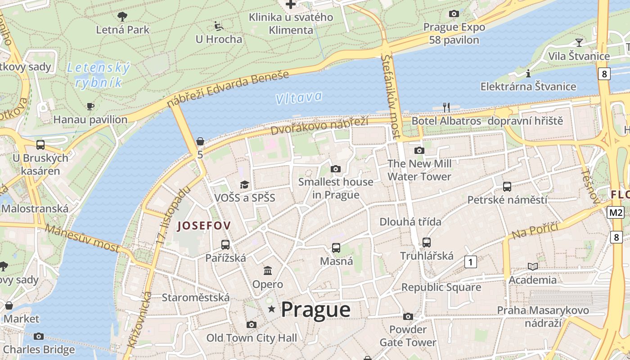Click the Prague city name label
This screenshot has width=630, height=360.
point(315,310)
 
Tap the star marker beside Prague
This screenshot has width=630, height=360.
point(271,309)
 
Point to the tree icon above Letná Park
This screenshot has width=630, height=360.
point(122,17)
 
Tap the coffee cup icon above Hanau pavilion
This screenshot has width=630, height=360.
point(90,107)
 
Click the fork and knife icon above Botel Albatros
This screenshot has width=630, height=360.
point(446,107)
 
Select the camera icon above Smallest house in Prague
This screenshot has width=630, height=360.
point(335,169)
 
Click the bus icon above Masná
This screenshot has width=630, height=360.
point(336,248)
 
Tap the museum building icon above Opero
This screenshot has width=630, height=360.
point(268,271)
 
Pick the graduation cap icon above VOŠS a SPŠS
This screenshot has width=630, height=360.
point(244,184)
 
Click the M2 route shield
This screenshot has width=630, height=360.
point(615,212)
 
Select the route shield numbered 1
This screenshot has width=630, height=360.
point(470,261)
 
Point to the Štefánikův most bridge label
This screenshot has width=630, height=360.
point(391,96)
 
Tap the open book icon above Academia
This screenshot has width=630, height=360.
point(533,267)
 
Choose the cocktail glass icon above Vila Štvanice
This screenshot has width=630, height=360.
point(579,43)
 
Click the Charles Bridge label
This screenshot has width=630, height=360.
point(39,349)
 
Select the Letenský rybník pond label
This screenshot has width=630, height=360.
point(98,75)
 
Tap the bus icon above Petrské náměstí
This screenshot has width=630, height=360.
point(507,186)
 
